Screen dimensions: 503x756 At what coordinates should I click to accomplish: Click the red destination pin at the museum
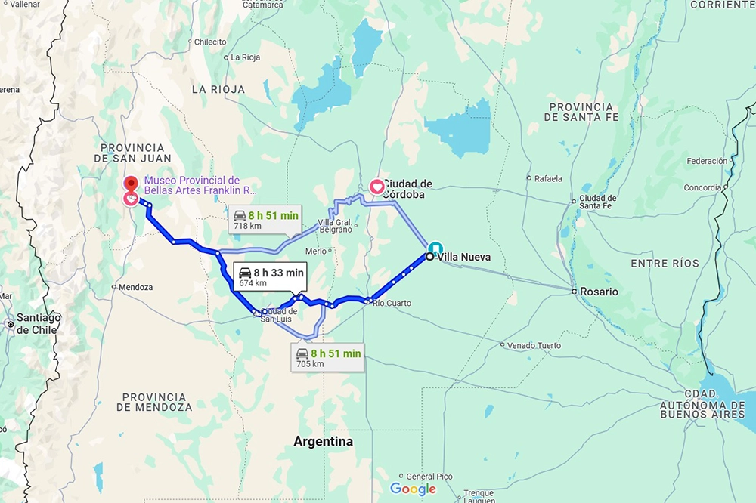coord(132,184)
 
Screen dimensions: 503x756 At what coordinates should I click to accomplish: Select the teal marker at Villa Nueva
coord(436,248)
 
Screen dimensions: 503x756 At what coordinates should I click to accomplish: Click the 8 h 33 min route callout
coord(270,277)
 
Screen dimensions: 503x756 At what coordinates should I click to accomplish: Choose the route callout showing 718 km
coord(265,220)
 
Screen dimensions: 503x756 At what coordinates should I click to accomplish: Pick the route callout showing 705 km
coord(328,358)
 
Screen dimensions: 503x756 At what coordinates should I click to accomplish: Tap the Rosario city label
coord(600,292)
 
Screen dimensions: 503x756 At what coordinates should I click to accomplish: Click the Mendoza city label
coord(136,287)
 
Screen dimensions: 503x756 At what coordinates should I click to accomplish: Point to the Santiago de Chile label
coord(39,323)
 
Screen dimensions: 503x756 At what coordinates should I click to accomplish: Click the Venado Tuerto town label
coord(534,345)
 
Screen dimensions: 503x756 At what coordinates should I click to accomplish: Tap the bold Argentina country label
coord(323,441)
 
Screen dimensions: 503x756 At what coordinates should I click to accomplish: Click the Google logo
coord(413,489)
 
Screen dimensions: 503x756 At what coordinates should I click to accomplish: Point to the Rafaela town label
coord(548,179)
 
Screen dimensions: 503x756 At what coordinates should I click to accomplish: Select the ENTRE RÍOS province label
coord(665,263)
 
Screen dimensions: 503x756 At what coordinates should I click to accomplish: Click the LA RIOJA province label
coord(218,89)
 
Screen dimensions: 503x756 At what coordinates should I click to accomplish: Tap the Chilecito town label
coord(210,42)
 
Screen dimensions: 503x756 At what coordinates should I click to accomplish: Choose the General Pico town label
coord(429,477)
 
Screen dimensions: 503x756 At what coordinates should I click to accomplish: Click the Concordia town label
coord(702,187)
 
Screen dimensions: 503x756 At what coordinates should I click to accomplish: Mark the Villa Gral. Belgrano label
coord(334,225)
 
